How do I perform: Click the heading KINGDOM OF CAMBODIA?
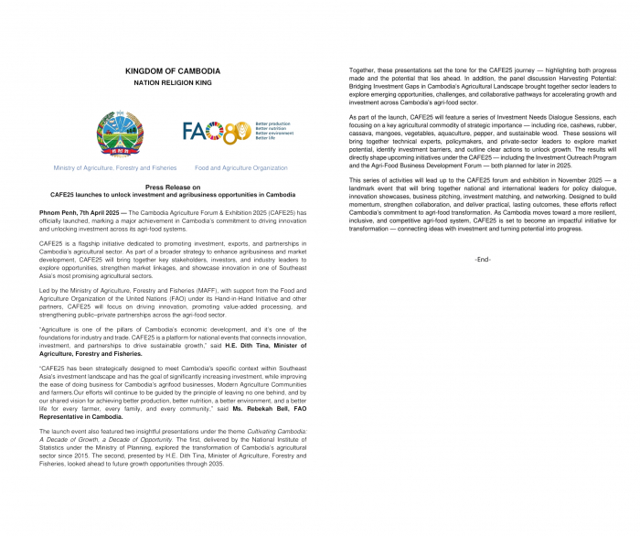coord(172,71)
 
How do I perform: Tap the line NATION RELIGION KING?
coord(172,83)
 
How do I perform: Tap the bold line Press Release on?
coord(172,186)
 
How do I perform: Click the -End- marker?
coord(484,260)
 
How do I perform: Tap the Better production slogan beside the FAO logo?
coord(272,123)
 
